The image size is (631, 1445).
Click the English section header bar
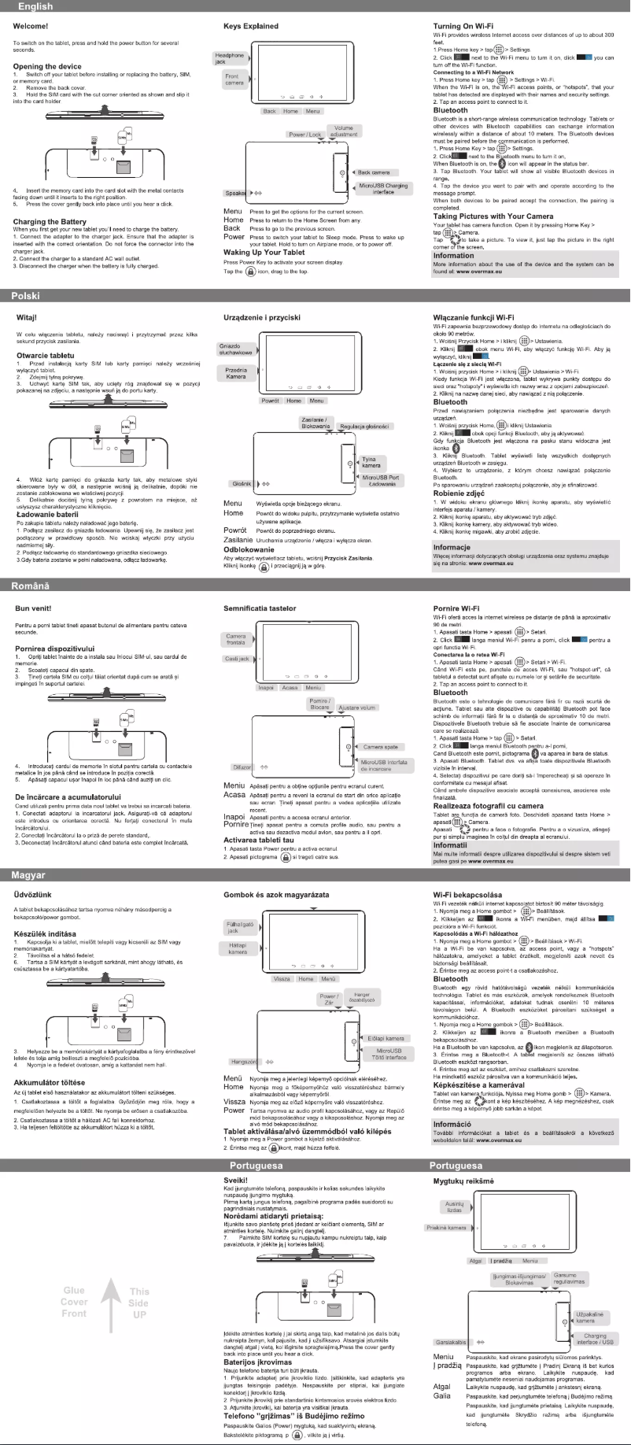coord(315,6)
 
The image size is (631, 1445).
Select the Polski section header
coord(315,296)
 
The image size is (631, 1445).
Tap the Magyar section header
coord(315,874)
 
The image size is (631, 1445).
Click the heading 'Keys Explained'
coord(251,26)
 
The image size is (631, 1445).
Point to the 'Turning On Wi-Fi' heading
coord(469,26)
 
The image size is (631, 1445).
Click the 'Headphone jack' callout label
coord(230,58)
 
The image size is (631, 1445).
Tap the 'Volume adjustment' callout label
coord(344,131)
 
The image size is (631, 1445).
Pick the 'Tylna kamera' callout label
coord(371,462)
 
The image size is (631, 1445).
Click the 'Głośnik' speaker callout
coord(240,484)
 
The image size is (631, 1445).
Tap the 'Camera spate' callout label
coord(380,747)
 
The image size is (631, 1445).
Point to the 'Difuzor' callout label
coord(241,767)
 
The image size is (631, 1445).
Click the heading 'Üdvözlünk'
coord(34,895)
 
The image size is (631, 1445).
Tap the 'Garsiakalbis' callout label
coord(451,1342)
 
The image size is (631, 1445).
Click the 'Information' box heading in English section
coord(454,255)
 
